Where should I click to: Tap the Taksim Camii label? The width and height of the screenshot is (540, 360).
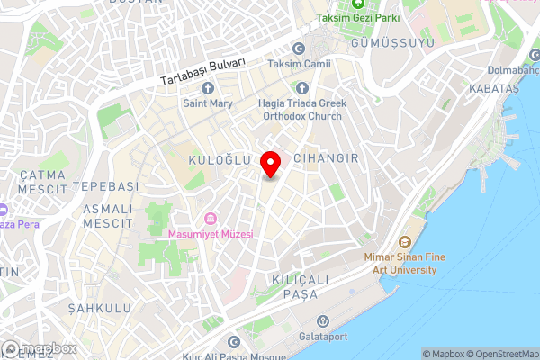coord(307,64)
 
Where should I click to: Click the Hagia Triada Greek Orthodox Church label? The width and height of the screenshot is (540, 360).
coord(301,109)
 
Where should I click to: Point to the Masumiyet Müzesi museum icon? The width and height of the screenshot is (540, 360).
coord(211,219)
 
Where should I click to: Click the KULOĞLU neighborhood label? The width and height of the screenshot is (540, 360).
coord(217,159)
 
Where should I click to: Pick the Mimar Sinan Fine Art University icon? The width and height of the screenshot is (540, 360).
coord(403,242)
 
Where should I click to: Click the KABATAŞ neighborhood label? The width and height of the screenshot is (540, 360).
coord(494,88)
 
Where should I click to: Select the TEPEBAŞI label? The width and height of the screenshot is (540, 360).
coord(105,185)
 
